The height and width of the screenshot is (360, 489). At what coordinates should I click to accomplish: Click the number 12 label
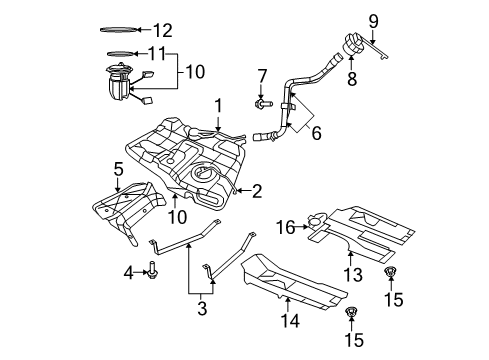pos(163,30)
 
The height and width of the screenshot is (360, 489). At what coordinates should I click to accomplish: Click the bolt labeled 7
pos(262,102)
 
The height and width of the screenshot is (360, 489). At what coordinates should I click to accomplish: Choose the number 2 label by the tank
pos(257,189)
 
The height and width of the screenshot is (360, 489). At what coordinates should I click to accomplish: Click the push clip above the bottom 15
pos(351,315)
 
